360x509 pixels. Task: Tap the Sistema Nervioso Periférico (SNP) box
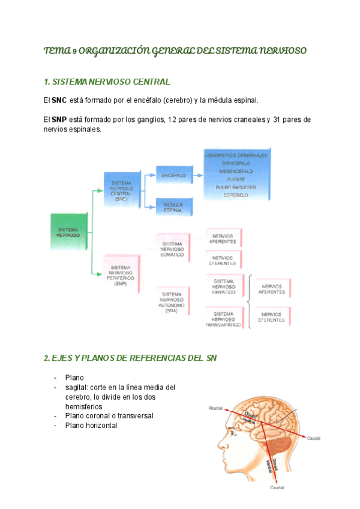click(122, 274)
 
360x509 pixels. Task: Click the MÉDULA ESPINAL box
click(175, 207)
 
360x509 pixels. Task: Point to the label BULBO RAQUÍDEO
click(236, 187)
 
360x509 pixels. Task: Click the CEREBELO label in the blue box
click(236, 196)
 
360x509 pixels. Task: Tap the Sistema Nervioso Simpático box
click(224, 286)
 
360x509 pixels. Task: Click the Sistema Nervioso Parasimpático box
click(224, 319)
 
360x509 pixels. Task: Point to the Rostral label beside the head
click(215, 408)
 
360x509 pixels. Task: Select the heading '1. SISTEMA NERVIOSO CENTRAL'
click(107, 81)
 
